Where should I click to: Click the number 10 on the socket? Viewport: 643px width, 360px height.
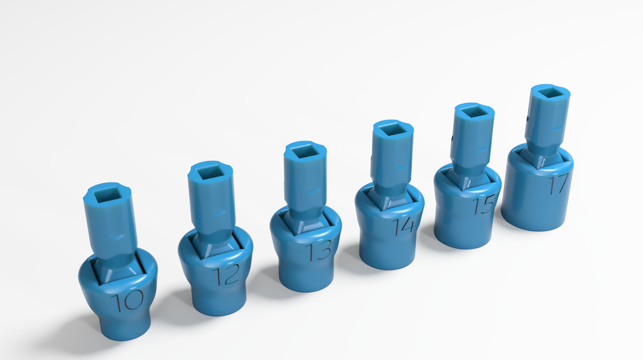click(129, 300)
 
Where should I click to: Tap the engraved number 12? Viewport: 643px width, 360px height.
click(226, 275)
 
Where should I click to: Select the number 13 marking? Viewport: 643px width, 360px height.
click(318, 251)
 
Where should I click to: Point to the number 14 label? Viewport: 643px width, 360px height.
click(404, 226)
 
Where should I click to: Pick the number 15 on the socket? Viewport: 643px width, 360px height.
click(484, 205)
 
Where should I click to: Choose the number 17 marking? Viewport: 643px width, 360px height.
click(558, 184)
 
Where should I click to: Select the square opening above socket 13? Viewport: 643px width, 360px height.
click(305, 151)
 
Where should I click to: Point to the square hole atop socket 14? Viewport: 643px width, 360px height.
click(392, 129)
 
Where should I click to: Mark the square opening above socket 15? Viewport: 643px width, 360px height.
click(473, 112)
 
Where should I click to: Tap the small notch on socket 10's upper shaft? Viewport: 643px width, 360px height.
click(114, 237)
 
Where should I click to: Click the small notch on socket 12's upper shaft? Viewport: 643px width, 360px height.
click(218, 214)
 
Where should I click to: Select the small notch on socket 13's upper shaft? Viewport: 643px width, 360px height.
click(314, 190)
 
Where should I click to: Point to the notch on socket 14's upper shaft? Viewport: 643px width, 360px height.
click(400, 168)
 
